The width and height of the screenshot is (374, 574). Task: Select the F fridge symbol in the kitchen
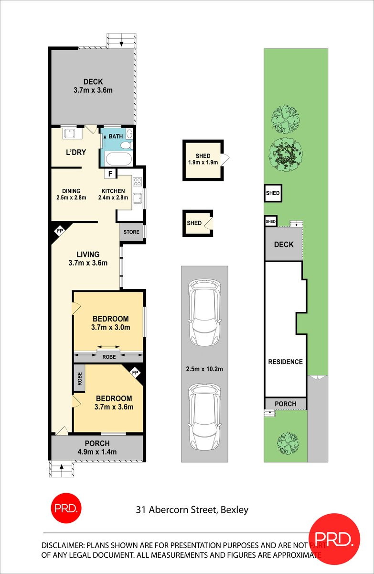[x=110, y=174]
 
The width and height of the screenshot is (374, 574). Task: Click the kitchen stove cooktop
[x=138, y=181]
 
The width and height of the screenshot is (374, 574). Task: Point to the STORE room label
[x=131, y=232]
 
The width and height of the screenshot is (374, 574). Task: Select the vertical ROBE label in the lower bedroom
[x=79, y=379]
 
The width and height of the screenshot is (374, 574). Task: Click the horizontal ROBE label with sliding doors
[x=108, y=357]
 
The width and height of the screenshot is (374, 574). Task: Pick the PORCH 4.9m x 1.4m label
[x=97, y=447]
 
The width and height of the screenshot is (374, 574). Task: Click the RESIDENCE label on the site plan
[x=285, y=362]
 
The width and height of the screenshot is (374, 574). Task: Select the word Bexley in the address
[x=234, y=510]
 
